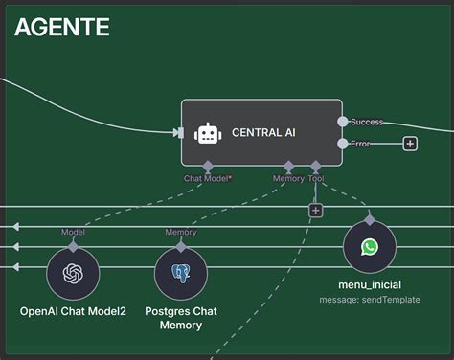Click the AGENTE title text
pos(62,27)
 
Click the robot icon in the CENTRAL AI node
pos(208,133)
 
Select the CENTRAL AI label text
pos(264,133)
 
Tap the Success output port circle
pos(343,122)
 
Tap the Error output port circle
pos(343,144)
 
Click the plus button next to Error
pos(410,144)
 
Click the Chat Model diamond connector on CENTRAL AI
pos(208,167)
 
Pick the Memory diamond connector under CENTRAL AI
pos(288,167)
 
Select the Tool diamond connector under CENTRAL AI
pos(316,167)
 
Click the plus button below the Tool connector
pos(315,210)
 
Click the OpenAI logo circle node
pos(74,274)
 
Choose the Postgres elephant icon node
pos(181,274)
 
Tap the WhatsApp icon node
pos(370,247)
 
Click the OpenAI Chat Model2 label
pos(74,311)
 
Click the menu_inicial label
pos(370,284)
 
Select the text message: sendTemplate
pos(370,300)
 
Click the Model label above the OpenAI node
pos(74,233)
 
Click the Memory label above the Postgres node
pos(181,233)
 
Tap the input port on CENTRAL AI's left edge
pos(179,133)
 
